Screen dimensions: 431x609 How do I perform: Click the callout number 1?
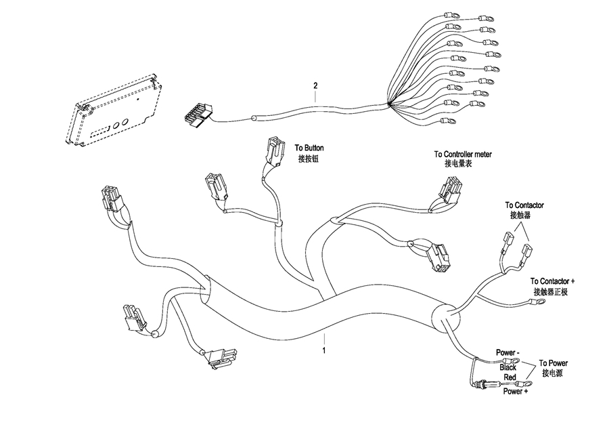point(324,350)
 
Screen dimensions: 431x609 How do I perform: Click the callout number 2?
point(315,86)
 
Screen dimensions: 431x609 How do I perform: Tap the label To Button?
point(309,148)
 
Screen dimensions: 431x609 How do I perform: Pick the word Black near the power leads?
point(507,367)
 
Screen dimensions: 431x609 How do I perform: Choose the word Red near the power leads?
point(510,377)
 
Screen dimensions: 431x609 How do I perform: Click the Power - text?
point(508,353)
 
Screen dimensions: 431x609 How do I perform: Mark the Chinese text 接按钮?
point(308,159)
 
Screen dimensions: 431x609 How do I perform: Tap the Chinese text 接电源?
point(552,373)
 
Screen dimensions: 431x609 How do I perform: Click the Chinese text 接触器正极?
point(554,292)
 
